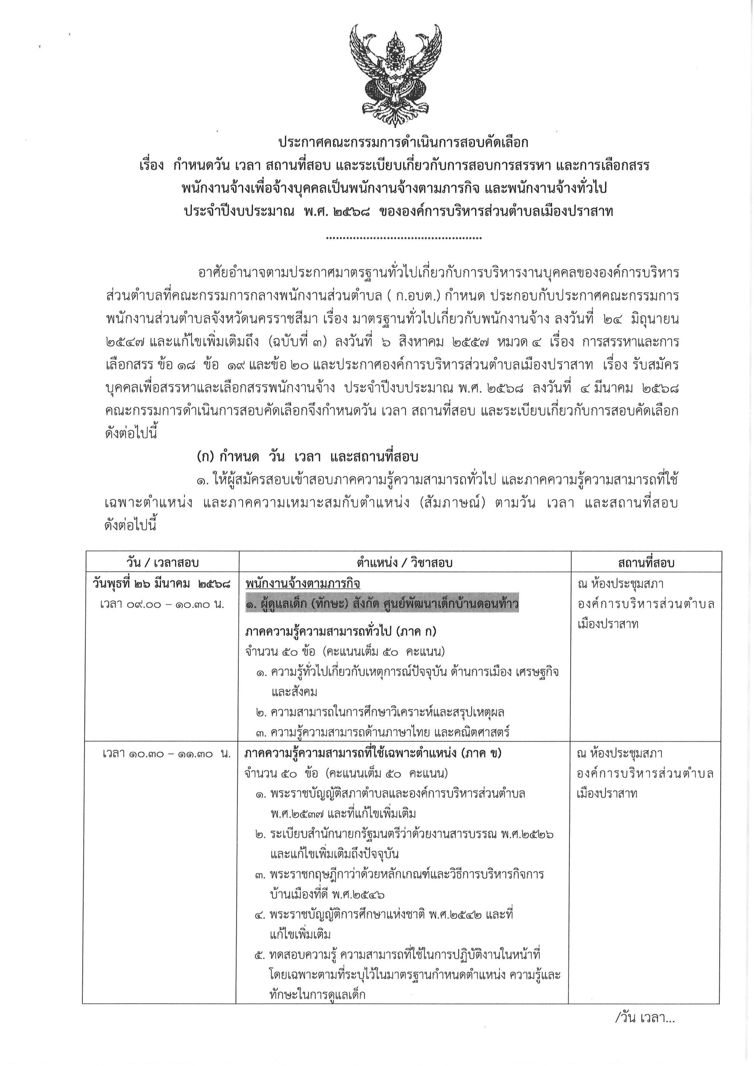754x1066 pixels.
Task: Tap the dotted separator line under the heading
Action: click(x=404, y=238)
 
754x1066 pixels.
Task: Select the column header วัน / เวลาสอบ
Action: click(x=162, y=563)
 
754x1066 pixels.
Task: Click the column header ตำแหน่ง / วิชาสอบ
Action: click(x=404, y=563)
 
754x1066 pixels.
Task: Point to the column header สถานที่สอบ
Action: click(x=646, y=563)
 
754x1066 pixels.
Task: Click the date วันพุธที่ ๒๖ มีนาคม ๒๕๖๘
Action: click(x=162, y=584)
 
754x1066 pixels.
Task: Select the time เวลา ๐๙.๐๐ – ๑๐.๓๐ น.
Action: click(x=162, y=605)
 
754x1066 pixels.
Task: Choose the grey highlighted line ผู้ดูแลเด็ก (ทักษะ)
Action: click(x=382, y=605)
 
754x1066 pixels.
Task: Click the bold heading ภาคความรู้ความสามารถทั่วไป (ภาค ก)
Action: click(x=340, y=631)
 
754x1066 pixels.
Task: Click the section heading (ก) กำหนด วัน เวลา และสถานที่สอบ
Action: click(x=307, y=457)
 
